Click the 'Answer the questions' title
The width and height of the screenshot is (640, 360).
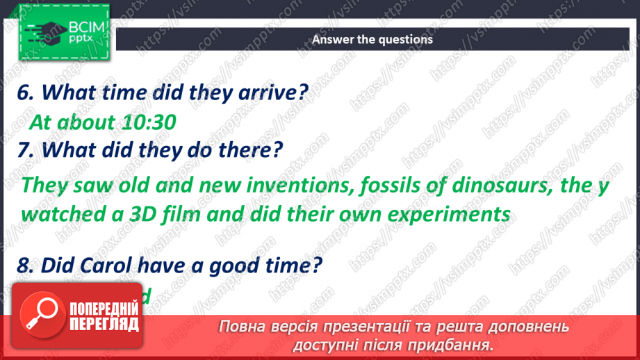(x=372, y=40)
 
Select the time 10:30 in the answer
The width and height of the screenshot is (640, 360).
(x=146, y=122)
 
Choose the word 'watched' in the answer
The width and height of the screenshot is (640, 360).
(x=63, y=213)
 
